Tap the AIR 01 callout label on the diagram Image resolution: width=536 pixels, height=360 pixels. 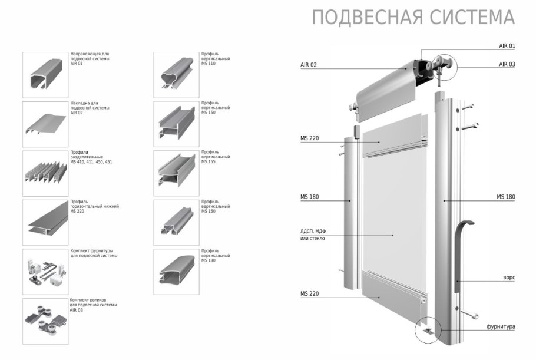click(507, 45)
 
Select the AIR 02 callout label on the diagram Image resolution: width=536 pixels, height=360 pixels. click(309, 65)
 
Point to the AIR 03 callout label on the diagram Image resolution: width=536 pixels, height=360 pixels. click(507, 64)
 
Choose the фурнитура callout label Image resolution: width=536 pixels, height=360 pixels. click(501, 326)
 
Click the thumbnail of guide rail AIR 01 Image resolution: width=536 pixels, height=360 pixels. click(45, 75)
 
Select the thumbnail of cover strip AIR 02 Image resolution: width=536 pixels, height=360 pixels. click(45, 124)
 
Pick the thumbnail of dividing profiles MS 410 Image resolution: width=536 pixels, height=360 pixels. click(45, 173)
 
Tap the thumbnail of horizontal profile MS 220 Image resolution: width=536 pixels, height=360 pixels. click(45, 222)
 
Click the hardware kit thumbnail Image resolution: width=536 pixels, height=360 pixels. click(45, 272)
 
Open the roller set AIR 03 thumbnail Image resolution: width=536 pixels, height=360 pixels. click(45, 321)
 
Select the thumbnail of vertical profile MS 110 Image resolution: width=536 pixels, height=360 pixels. click(176, 75)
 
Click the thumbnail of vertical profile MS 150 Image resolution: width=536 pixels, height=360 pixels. click(176, 124)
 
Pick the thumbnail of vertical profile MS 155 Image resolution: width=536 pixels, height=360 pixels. click(176, 173)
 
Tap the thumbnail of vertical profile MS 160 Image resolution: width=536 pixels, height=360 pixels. click(176, 222)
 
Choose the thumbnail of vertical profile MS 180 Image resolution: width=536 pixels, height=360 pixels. click(176, 272)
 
